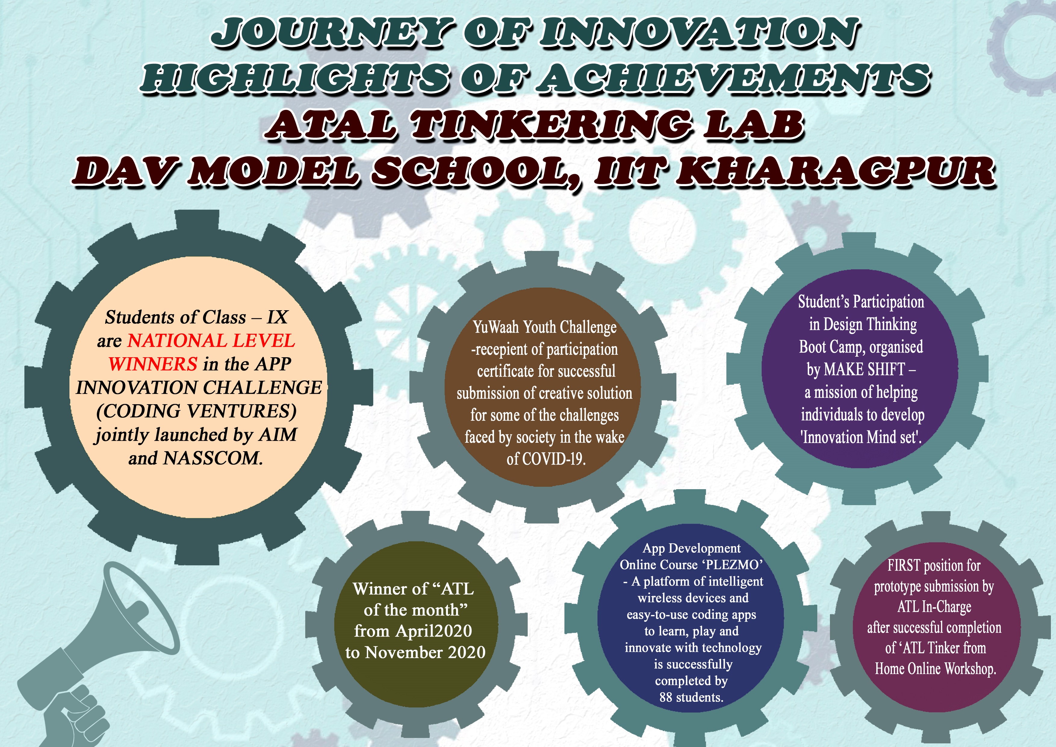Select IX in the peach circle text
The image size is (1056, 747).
tap(277, 317)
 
